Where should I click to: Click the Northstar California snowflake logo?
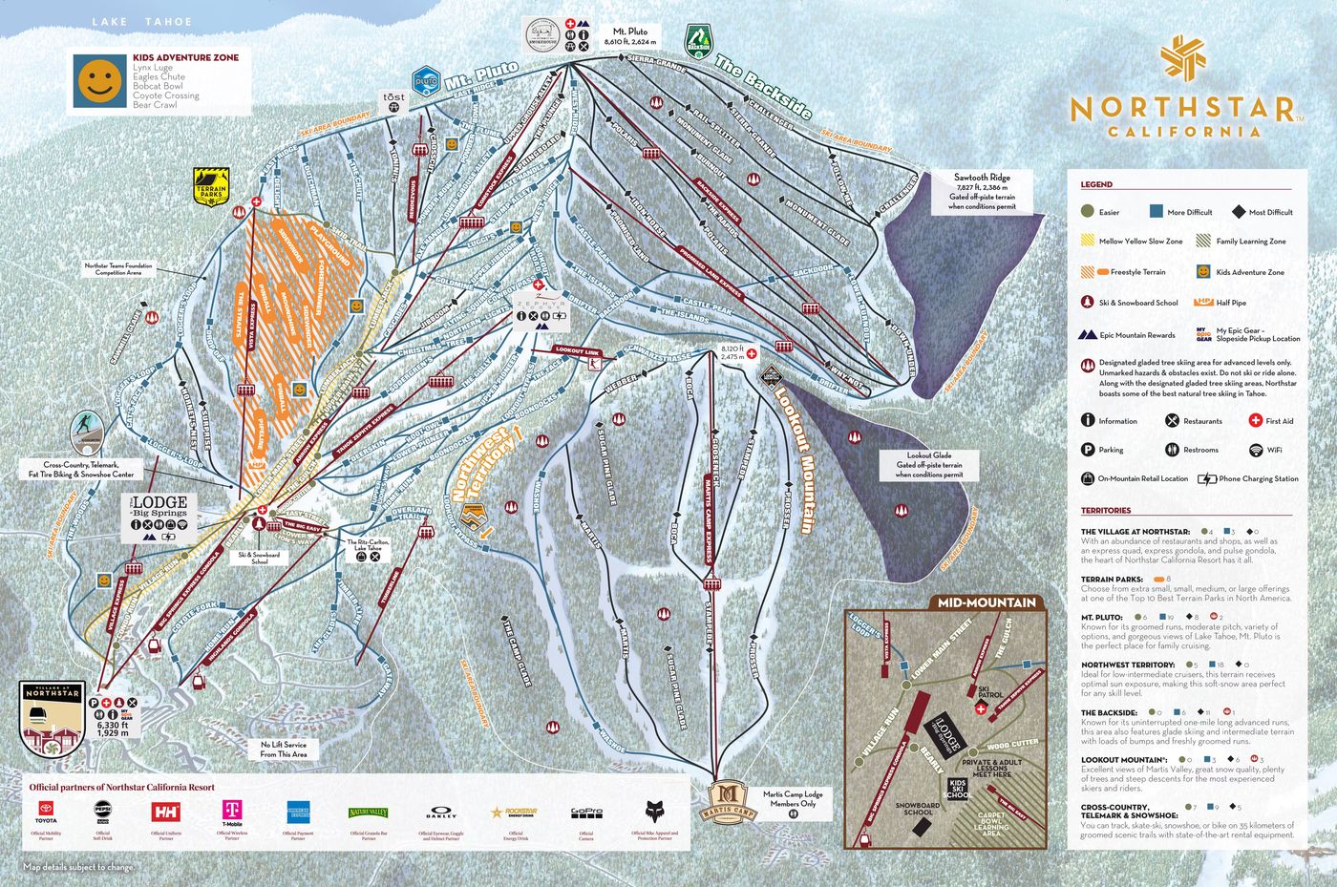click(1182, 60)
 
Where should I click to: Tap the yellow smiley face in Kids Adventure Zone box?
click(96, 80)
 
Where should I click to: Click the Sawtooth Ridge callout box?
click(981, 191)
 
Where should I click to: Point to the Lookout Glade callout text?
click(928, 465)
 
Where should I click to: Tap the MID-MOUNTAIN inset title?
click(986, 602)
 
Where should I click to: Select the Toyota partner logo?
click(46, 812)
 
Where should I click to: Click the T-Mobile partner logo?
click(232, 812)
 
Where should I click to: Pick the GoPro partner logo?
click(585, 813)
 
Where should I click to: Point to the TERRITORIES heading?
click(1105, 511)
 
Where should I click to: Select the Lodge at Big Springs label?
click(159, 506)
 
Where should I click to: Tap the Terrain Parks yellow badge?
click(211, 186)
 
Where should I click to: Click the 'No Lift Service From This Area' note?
click(284, 749)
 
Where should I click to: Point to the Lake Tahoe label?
click(141, 21)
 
